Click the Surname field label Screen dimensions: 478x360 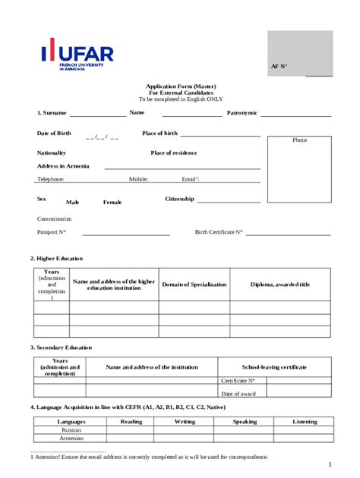pos(52,113)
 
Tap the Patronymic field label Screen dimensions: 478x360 pos(242,113)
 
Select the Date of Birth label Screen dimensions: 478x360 pos(54,134)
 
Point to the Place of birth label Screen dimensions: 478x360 pos(159,134)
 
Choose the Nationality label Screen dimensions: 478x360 pos(52,153)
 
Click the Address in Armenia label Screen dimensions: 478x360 pos(63,166)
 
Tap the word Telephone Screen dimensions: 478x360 pos(51,180)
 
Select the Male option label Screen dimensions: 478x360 pos(73,203)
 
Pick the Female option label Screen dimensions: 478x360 pos(112,203)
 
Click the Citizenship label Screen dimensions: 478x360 pos(180,200)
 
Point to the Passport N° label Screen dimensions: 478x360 pos(52,232)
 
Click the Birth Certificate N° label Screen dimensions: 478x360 pos(219,232)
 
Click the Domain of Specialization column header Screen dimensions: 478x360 pos(194,285)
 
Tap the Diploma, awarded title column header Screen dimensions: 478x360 pos(280,285)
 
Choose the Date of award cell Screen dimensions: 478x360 pos(238,393)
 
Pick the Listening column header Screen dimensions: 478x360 pos(305,421)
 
